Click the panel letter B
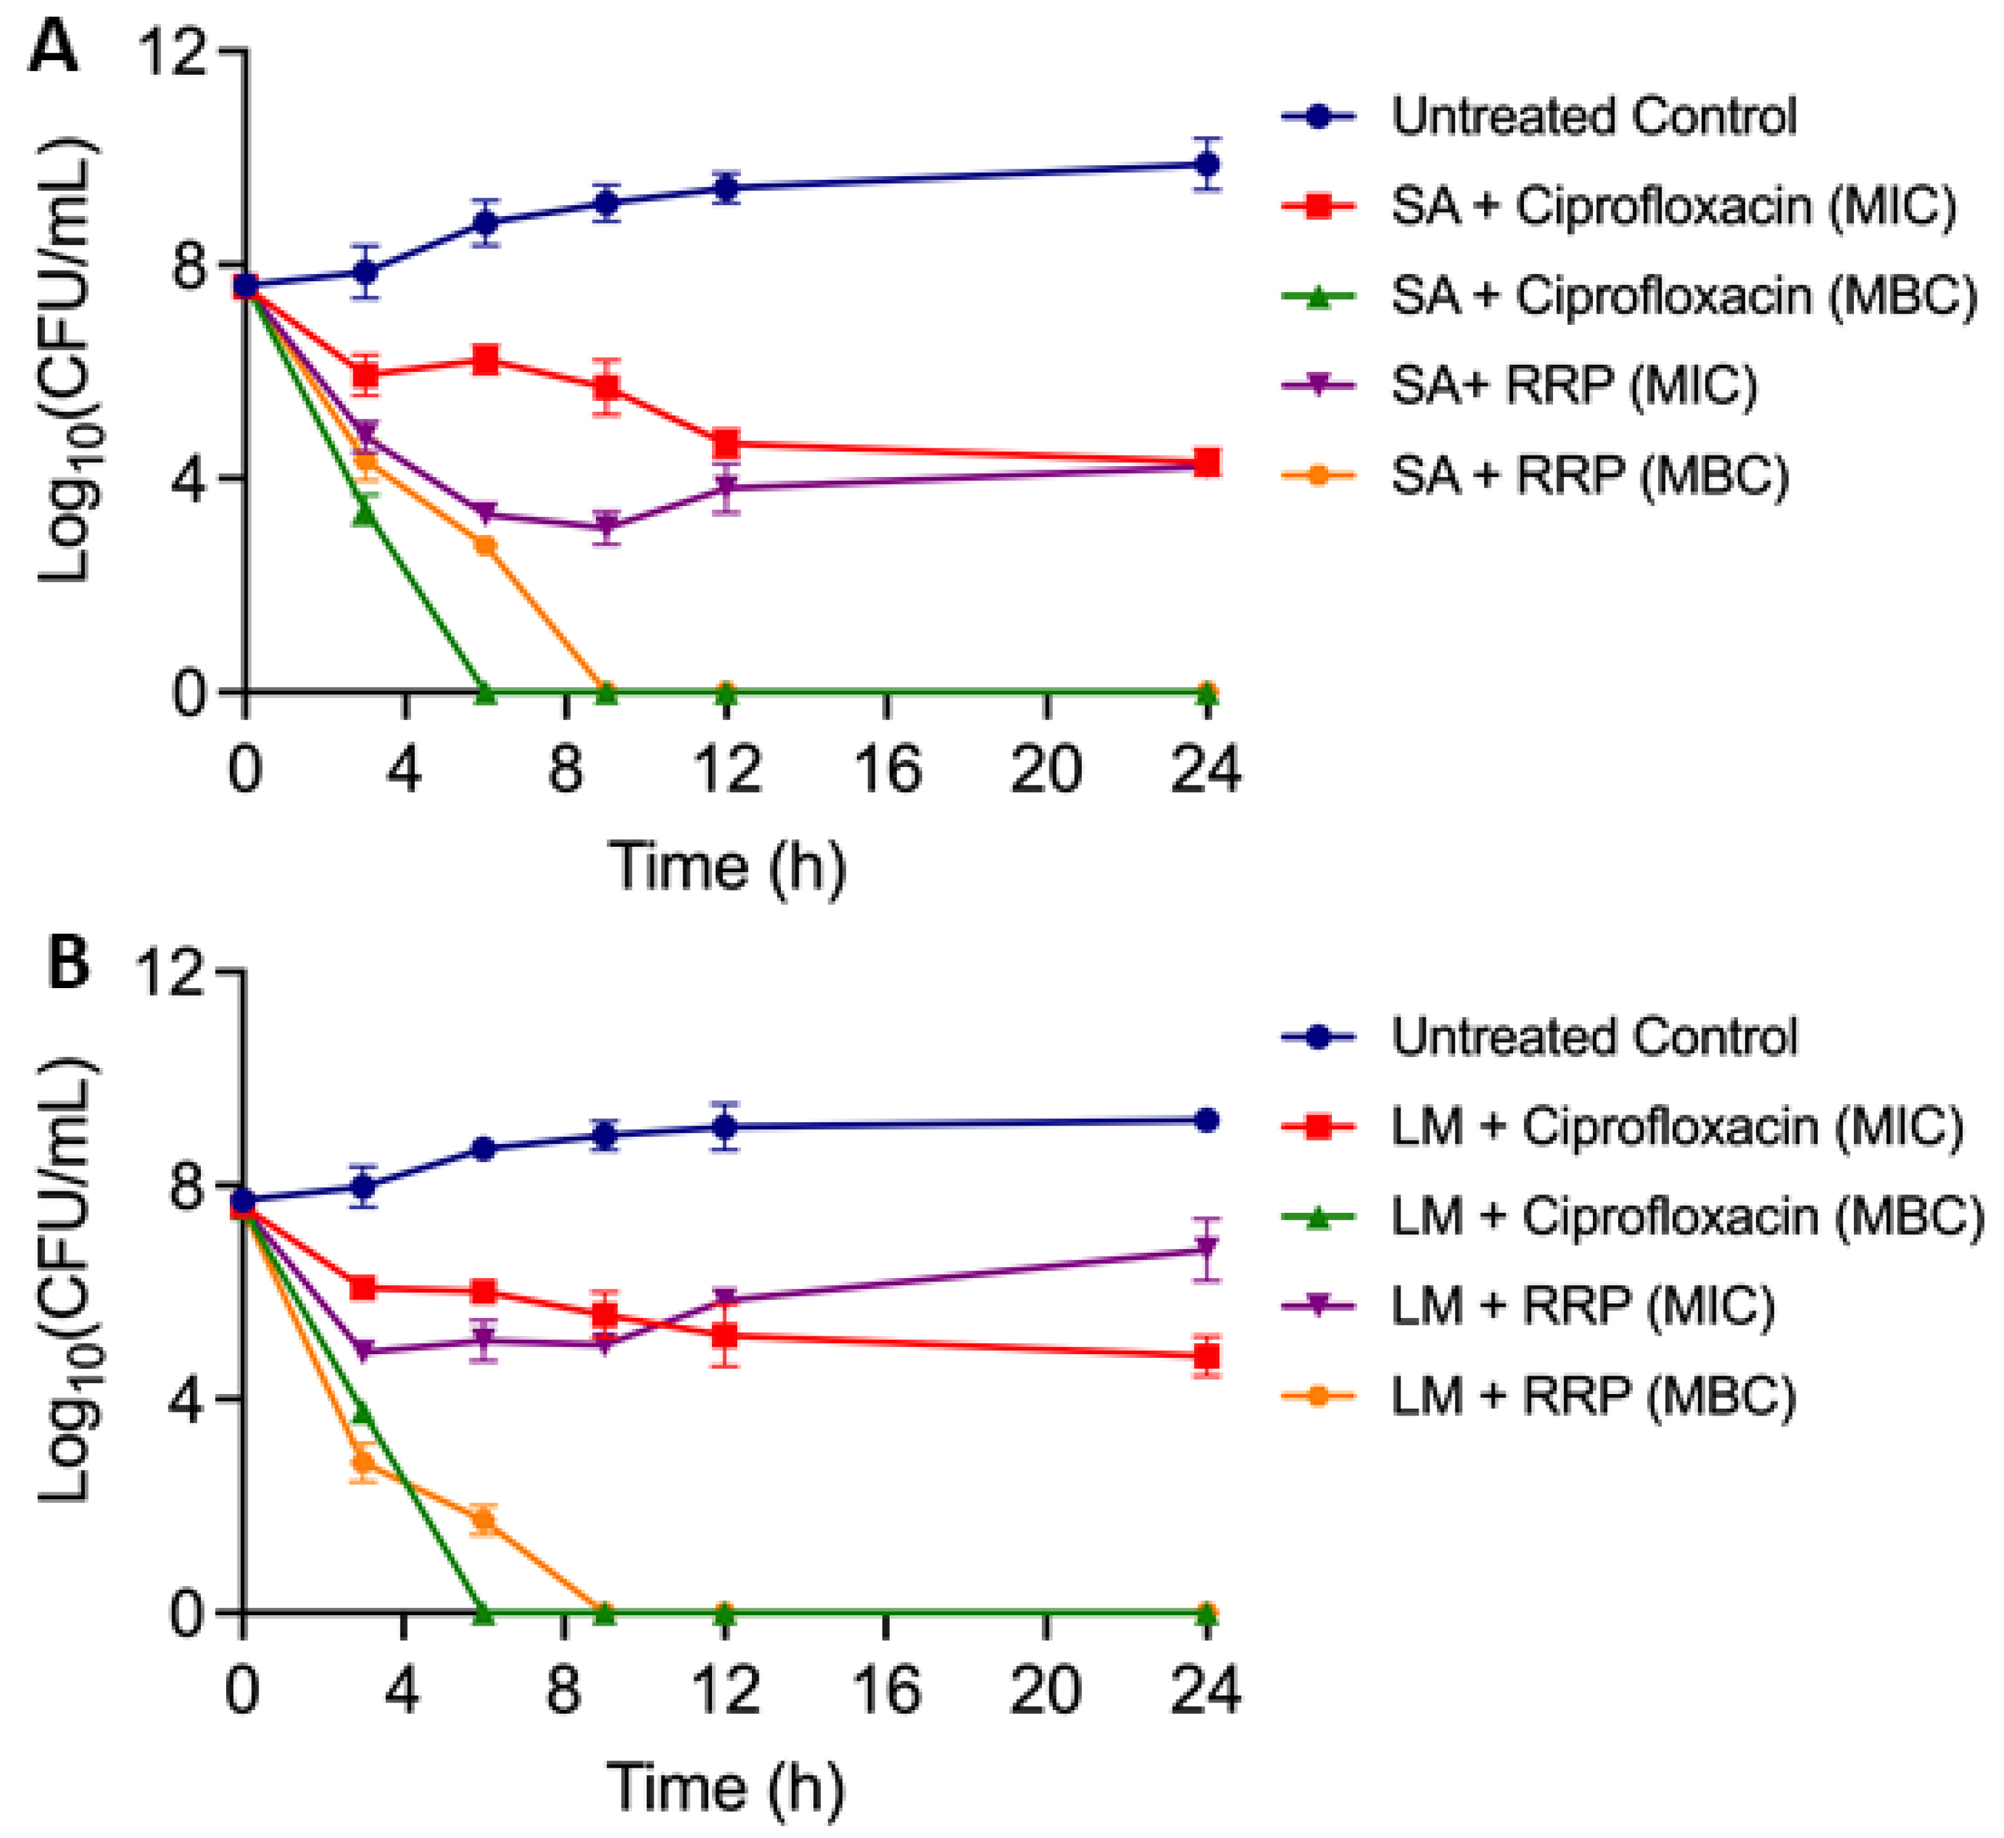click(68, 962)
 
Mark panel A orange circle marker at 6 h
click(485, 545)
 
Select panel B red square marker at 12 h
click(726, 1334)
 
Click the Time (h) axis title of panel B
click(726, 1786)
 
